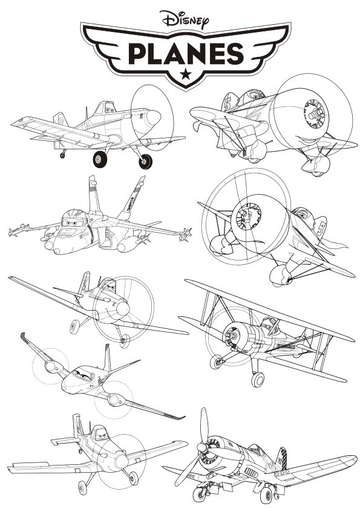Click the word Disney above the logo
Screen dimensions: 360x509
(184, 19)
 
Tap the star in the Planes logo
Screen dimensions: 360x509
(186, 74)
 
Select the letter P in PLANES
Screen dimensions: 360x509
(138, 54)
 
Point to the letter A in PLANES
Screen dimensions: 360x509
(177, 54)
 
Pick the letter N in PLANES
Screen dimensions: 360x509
(201, 54)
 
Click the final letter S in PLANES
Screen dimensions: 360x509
(235, 54)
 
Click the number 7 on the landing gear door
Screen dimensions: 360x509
(260, 485)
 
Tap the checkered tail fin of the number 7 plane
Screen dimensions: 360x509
(282, 458)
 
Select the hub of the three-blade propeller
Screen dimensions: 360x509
(202, 448)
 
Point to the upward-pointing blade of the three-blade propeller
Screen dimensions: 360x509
(204, 425)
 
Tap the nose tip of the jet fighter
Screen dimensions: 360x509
(57, 251)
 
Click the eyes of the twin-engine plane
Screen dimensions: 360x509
(82, 375)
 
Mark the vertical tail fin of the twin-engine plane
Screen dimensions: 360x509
(107, 358)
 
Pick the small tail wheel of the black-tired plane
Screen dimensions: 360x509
(62, 155)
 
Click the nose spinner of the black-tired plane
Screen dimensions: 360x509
(153, 117)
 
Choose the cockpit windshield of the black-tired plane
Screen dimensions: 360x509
(105, 108)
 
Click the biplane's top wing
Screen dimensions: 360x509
(269, 310)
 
